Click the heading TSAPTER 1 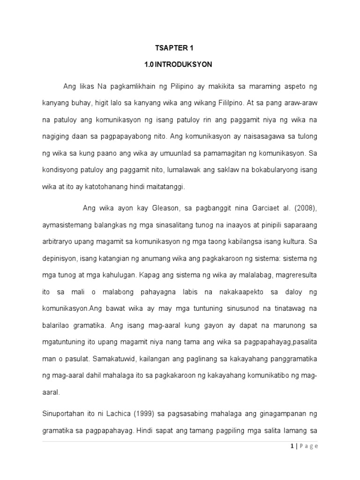(174, 48)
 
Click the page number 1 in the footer (292, 446)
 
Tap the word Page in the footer (308, 446)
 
